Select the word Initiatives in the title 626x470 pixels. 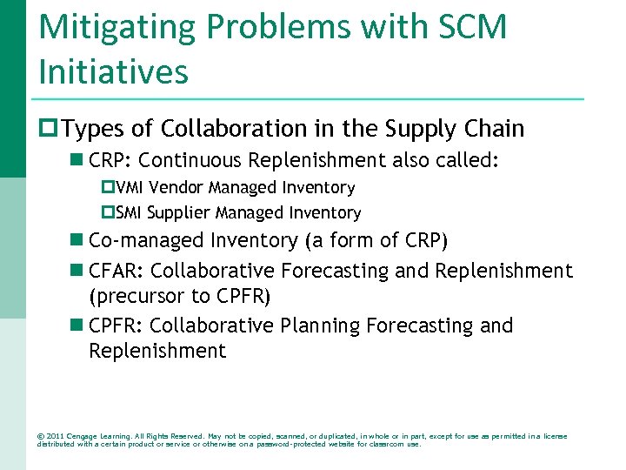113,71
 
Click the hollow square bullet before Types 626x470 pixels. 50,130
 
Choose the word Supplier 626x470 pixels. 177,213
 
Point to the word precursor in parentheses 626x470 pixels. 137,297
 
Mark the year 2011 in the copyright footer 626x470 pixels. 55,436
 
